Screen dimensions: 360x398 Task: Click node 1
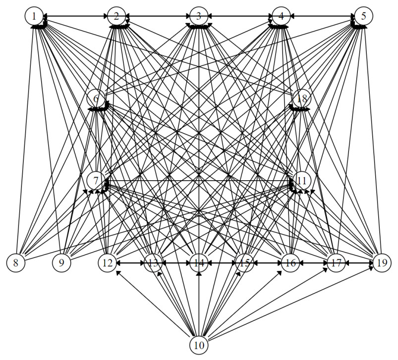34,16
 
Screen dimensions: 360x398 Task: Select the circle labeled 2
116,16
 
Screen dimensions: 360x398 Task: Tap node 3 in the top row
199,16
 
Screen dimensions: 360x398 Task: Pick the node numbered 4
281,16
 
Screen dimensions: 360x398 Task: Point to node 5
363,16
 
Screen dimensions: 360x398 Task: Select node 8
16,262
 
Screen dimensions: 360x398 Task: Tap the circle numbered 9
61,262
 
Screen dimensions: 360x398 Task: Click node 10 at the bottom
199,345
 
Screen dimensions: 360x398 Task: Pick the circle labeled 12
107,262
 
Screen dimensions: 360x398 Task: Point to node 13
153,262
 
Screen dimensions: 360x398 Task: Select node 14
199,262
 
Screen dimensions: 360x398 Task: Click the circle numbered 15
244,262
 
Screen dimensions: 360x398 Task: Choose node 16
290,262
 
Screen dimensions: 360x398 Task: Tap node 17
336,262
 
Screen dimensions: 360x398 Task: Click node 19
381,262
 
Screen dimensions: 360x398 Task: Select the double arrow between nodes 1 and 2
75,16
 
